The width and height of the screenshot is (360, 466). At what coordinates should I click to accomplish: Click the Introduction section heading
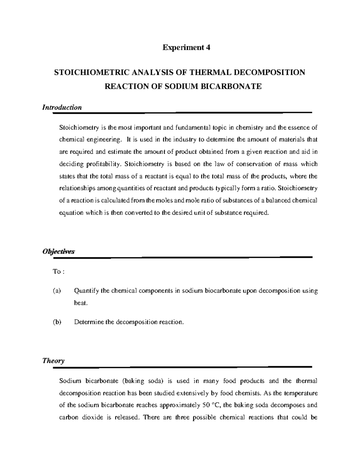tap(62, 107)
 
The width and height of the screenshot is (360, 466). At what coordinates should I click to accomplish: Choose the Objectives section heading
tap(58, 251)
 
